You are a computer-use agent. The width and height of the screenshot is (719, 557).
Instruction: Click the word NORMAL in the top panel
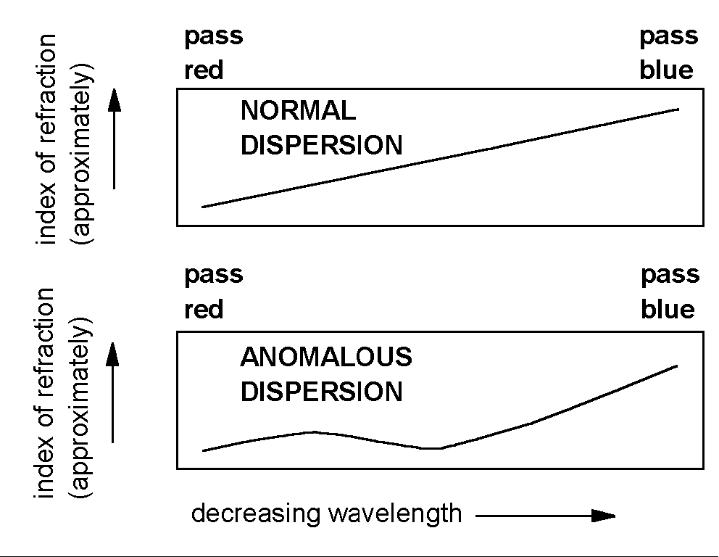298,111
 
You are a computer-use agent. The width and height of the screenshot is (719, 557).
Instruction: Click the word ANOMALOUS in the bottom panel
326,357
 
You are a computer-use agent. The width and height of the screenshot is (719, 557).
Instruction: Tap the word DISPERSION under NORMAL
321,145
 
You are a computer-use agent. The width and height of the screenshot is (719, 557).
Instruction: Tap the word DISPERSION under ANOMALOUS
321,392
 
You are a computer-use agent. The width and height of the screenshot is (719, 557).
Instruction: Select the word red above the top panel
204,71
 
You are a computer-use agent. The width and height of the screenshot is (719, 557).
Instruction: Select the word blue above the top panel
666,71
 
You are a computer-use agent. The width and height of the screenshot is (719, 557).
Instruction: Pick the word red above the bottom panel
204,310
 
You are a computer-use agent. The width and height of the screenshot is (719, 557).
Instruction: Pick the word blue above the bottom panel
668,310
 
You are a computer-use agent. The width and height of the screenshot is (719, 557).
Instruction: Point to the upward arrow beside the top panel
114,141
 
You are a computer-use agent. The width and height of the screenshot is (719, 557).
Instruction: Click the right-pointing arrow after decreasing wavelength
545,516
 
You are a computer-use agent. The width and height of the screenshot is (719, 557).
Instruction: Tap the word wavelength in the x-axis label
394,514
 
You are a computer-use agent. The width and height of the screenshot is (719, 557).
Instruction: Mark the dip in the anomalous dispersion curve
432,448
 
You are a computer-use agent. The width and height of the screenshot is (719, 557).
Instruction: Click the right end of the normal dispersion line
678,109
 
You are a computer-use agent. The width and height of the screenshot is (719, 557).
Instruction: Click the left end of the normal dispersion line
203,207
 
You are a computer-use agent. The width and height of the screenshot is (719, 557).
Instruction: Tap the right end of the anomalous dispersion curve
676,366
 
